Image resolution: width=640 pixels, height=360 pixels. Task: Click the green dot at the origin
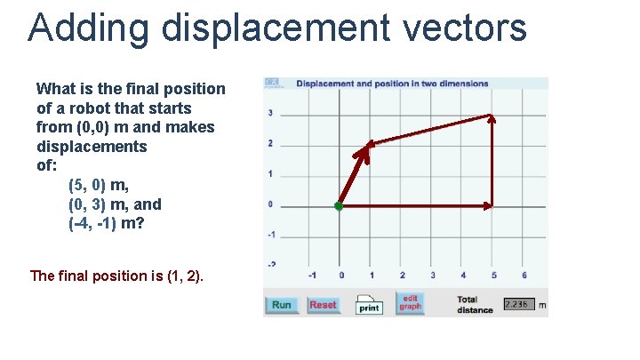click(339, 206)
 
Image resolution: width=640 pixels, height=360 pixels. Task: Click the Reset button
click(323, 305)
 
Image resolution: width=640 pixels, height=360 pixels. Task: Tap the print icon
click(369, 304)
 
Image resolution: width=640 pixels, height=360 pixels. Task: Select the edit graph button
click(410, 303)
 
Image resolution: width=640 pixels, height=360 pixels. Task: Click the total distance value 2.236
click(516, 304)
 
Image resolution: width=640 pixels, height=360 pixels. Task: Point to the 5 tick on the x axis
click(493, 275)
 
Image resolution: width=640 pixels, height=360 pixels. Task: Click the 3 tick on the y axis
click(269, 113)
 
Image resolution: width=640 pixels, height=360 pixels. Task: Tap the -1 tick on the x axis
click(311, 275)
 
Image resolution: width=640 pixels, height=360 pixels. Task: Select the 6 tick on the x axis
click(524, 275)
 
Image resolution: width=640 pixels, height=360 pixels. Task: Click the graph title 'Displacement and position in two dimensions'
click(392, 84)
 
